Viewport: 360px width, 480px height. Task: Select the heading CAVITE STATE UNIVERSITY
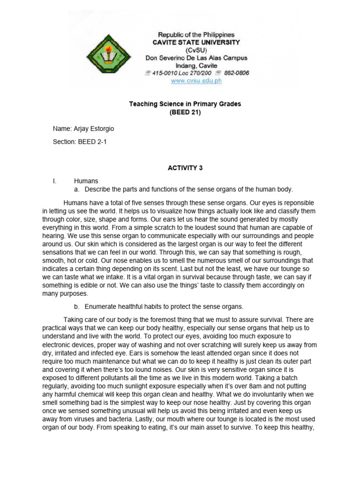(196, 42)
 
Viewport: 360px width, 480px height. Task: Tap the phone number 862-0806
(236, 73)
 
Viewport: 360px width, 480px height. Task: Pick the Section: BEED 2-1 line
(80, 142)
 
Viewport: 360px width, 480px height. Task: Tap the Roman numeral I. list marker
(55, 180)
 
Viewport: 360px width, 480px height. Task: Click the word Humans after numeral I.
(85, 180)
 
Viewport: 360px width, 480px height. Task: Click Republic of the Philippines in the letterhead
(196, 35)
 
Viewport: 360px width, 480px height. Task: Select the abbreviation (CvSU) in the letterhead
(196, 50)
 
